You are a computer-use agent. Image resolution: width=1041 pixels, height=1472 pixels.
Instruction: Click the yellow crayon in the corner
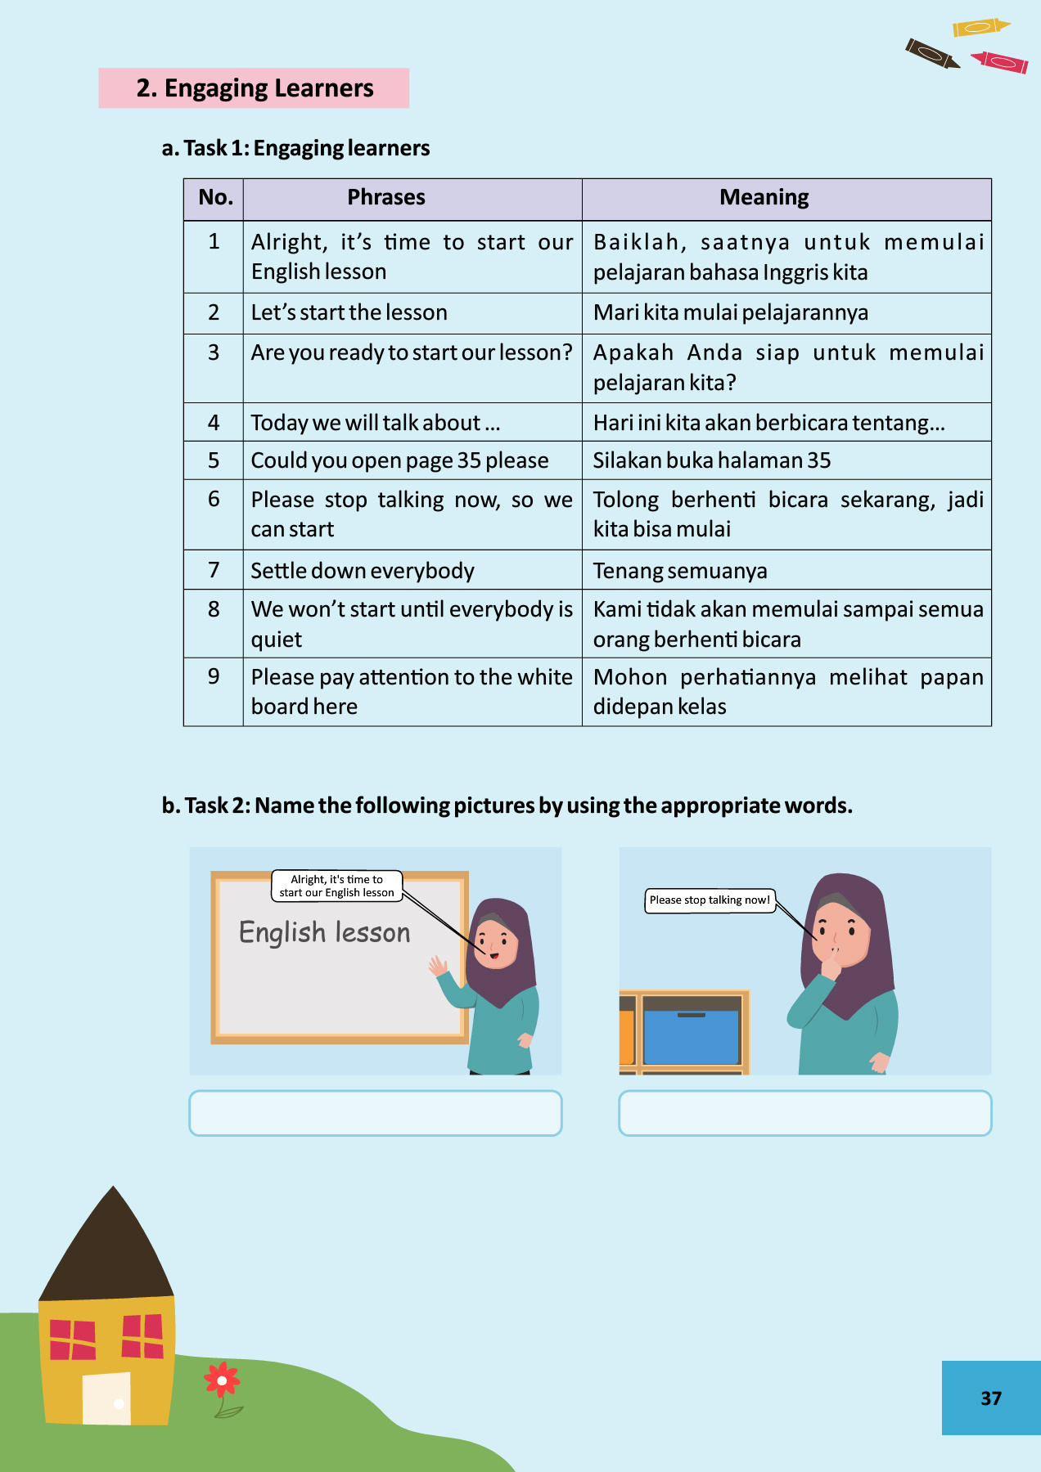pyautogui.click(x=980, y=27)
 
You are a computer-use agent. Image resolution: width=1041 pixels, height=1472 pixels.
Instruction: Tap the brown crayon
pyautogui.click(x=932, y=54)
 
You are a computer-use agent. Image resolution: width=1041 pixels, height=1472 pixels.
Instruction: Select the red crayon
pyautogui.click(x=1000, y=62)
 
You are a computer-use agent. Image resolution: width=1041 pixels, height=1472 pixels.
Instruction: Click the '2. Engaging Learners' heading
pyautogui.click(x=255, y=88)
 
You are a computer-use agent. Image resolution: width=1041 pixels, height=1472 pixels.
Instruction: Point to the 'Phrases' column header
pyautogui.click(x=386, y=198)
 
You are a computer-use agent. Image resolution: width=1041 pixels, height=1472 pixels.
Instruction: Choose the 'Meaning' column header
pyautogui.click(x=764, y=198)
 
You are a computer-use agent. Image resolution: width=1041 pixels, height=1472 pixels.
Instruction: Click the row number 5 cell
pyautogui.click(x=214, y=460)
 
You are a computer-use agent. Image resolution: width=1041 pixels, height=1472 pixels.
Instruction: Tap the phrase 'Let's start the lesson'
pyautogui.click(x=349, y=312)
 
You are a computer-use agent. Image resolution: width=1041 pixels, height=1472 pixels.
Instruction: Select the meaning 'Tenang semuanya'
pyautogui.click(x=680, y=571)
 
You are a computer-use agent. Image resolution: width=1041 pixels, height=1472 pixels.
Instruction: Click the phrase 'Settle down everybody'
pyautogui.click(x=363, y=571)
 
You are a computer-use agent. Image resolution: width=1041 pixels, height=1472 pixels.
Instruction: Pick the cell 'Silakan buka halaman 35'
pyautogui.click(x=712, y=460)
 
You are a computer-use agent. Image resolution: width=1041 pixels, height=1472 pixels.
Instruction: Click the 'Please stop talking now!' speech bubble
pyautogui.click(x=710, y=900)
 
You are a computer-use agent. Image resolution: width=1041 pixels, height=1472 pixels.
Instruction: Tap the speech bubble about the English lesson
pyautogui.click(x=336, y=886)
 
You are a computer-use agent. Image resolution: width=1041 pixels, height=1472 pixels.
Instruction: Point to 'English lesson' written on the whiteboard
pyautogui.click(x=325, y=932)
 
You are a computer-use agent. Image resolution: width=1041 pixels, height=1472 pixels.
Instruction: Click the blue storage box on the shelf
pyautogui.click(x=692, y=1036)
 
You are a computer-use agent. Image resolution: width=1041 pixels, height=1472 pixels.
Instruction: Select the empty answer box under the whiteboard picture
pyautogui.click(x=376, y=1113)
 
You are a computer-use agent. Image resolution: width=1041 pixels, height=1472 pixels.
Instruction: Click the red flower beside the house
pyautogui.click(x=222, y=1380)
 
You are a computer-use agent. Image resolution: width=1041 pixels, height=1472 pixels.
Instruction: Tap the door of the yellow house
pyautogui.click(x=107, y=1398)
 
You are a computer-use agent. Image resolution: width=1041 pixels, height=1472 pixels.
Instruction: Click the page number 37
pyautogui.click(x=991, y=1398)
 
